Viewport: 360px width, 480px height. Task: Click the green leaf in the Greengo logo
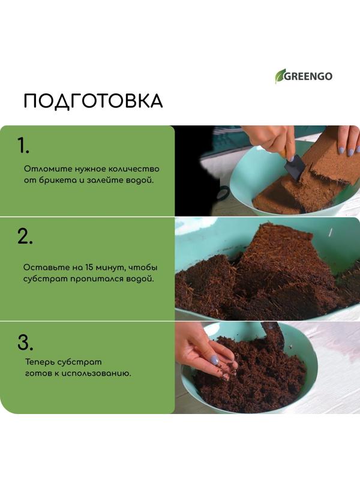(x=280, y=76)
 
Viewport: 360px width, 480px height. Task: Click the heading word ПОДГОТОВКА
(x=93, y=101)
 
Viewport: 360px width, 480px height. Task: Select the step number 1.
(x=23, y=146)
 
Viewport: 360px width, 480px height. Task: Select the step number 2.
(x=25, y=236)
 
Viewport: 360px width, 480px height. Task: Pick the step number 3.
(x=24, y=343)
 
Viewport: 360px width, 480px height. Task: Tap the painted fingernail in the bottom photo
(x=214, y=359)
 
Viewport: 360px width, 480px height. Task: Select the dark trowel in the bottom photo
(x=275, y=336)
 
